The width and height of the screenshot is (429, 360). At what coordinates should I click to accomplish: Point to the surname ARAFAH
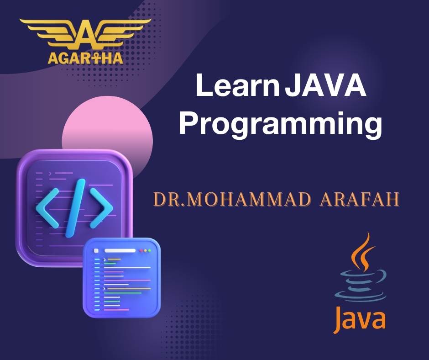point(360,199)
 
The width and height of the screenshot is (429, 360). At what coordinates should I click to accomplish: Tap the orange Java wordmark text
point(360,319)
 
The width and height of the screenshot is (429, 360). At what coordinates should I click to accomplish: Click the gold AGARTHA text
point(85,58)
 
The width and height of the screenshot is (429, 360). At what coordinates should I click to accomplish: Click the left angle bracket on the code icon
point(47,208)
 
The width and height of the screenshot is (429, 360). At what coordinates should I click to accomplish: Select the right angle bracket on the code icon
point(101,208)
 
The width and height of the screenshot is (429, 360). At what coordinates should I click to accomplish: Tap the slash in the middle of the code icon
point(75,208)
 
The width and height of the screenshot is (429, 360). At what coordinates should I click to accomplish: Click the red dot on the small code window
point(141,251)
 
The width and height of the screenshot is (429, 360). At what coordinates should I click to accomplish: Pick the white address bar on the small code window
point(120,251)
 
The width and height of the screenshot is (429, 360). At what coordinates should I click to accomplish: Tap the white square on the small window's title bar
point(96,251)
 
